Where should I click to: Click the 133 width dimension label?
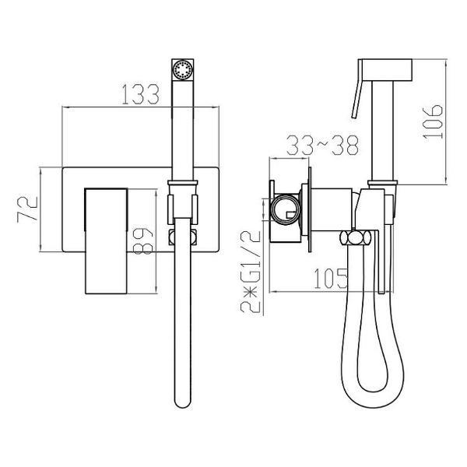141,94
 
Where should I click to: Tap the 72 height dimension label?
28,209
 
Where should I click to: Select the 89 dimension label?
142,241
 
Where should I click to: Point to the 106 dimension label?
433,121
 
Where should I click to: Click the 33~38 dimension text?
322,146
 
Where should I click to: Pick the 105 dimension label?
331,279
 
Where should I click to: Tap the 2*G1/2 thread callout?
251,272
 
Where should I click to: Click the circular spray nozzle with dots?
183,70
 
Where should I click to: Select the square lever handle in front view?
107,241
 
